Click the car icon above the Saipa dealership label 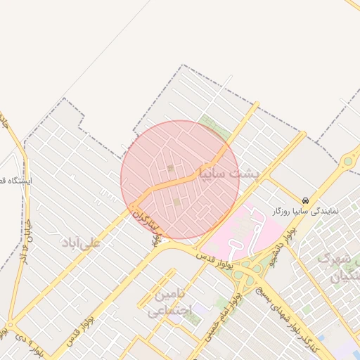coord(305,200)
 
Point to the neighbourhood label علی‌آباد coord(82,243)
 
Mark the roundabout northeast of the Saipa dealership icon coord(347,162)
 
